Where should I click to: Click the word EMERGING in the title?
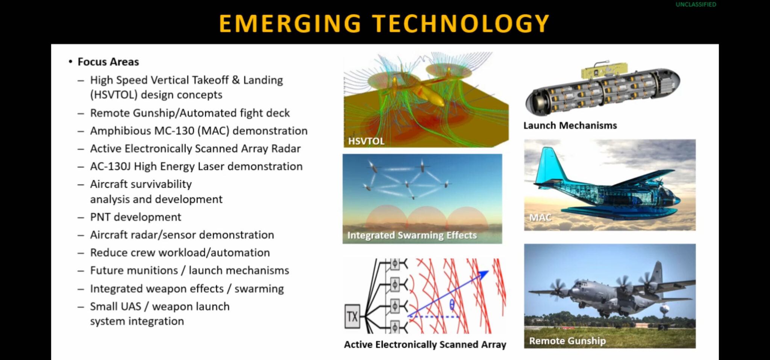tap(290, 23)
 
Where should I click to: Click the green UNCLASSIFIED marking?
tap(696, 5)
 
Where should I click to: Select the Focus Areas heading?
tap(108, 62)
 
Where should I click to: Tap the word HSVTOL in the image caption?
tap(366, 141)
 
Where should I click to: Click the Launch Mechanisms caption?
tap(570, 126)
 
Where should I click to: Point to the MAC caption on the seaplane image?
tap(540, 217)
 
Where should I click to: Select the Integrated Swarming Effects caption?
tap(412, 235)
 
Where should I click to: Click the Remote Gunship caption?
tap(567, 341)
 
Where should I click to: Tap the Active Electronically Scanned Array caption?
tap(425, 345)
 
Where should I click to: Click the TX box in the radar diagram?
tap(352, 316)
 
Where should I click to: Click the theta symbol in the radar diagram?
tap(452, 304)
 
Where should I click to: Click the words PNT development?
tap(135, 217)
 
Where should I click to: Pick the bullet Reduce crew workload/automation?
tap(180, 253)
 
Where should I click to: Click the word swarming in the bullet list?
tap(259, 289)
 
